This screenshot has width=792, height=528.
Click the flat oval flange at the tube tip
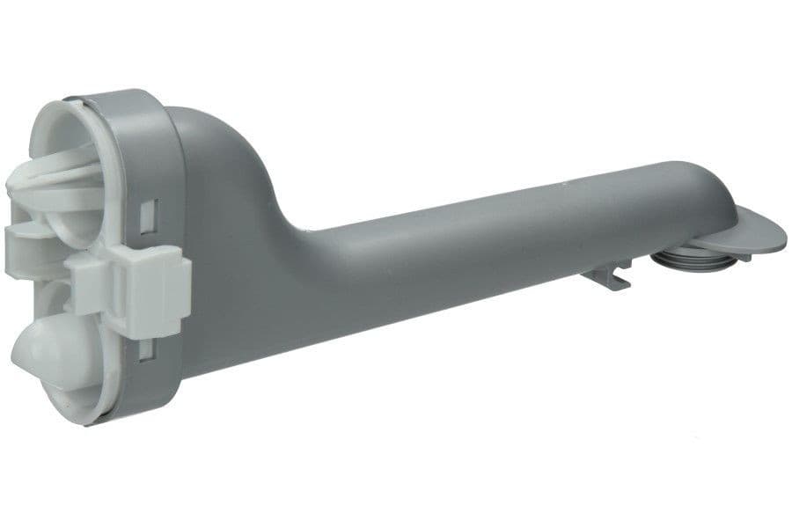pyautogui.click(x=757, y=231)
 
